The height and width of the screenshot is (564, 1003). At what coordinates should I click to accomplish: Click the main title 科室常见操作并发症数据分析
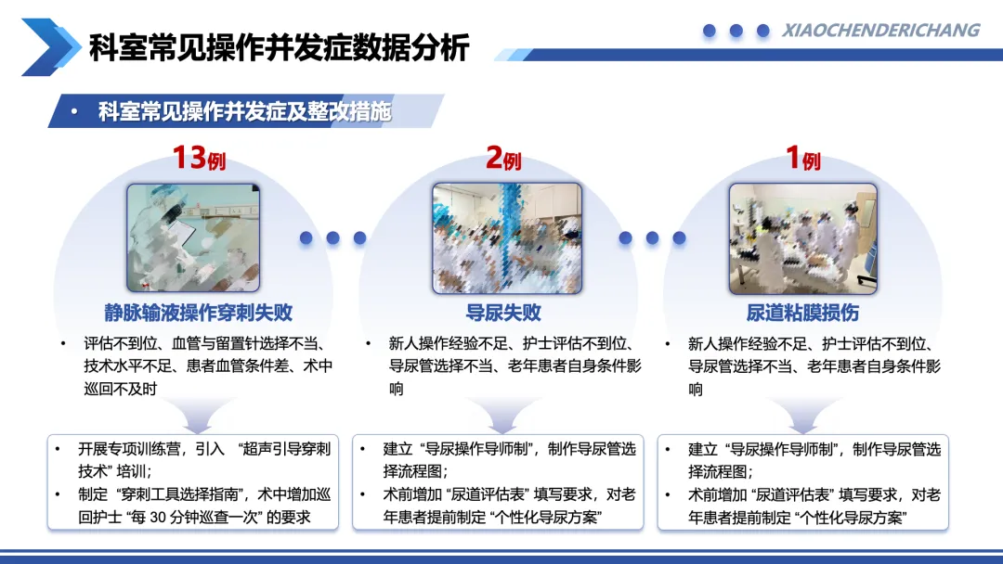pyautogui.click(x=280, y=47)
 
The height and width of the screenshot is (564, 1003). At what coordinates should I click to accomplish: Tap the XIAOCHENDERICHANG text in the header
pyautogui.click(x=880, y=30)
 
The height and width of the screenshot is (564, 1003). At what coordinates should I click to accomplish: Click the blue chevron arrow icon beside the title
pyautogui.click(x=51, y=46)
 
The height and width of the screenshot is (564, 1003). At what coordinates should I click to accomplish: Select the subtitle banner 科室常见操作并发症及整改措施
pyautogui.click(x=244, y=111)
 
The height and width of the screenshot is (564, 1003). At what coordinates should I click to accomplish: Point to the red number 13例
pyautogui.click(x=199, y=157)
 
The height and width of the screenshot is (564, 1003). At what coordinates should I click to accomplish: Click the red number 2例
pyautogui.click(x=503, y=157)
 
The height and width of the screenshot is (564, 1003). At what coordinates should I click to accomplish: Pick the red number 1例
pyautogui.click(x=802, y=157)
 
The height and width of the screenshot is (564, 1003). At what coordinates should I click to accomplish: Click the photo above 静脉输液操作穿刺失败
pyautogui.click(x=193, y=237)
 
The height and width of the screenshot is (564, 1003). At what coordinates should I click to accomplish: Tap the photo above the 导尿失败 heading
pyautogui.click(x=507, y=238)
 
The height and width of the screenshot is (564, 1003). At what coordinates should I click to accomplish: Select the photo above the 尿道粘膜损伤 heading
pyautogui.click(x=802, y=238)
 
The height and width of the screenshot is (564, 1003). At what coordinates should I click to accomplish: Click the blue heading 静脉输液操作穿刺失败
pyautogui.click(x=199, y=313)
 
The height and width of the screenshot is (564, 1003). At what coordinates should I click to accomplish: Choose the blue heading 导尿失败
pyautogui.click(x=503, y=313)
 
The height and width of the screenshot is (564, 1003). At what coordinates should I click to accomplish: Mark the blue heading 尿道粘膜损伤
pyautogui.click(x=802, y=313)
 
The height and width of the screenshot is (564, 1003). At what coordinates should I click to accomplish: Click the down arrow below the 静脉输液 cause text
pyautogui.click(x=199, y=416)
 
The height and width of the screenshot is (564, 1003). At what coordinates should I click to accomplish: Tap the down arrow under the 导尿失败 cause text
pyautogui.click(x=503, y=416)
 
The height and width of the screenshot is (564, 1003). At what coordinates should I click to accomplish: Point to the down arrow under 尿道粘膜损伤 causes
pyautogui.click(x=802, y=416)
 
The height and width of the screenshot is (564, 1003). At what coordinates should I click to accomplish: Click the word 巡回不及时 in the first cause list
pyautogui.click(x=120, y=389)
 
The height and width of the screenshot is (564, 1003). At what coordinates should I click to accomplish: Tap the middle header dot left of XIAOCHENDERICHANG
pyautogui.click(x=736, y=30)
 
